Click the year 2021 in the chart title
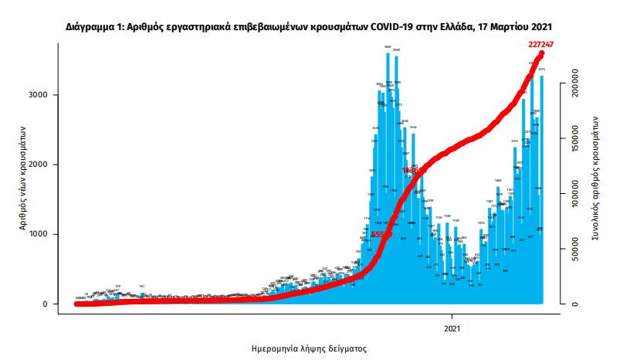[550, 25]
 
